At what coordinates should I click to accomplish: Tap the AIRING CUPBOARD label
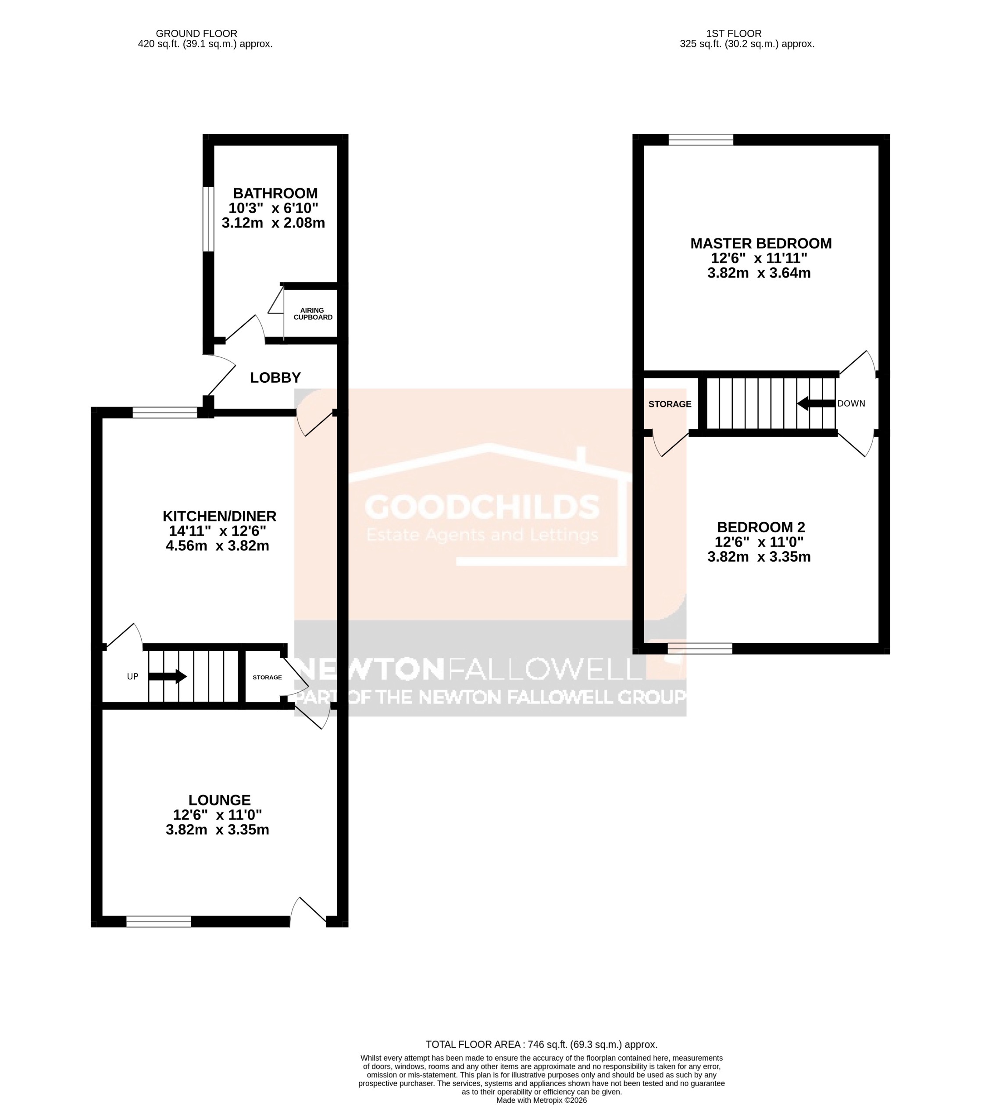[x=313, y=314]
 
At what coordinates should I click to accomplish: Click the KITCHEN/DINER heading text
[x=220, y=516]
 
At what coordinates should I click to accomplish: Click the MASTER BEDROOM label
[x=760, y=243]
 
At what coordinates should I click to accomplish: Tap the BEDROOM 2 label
[x=760, y=527]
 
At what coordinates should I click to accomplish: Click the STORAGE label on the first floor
[x=670, y=404]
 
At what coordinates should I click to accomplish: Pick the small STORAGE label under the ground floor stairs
[x=267, y=677]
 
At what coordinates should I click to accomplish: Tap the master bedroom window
[x=700, y=140]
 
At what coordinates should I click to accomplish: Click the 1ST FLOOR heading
[x=733, y=33]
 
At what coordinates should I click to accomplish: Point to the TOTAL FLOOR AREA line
[x=541, y=1044]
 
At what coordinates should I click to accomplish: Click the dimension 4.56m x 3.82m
[x=218, y=545]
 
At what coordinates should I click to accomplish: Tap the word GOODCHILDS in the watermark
[x=482, y=507]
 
